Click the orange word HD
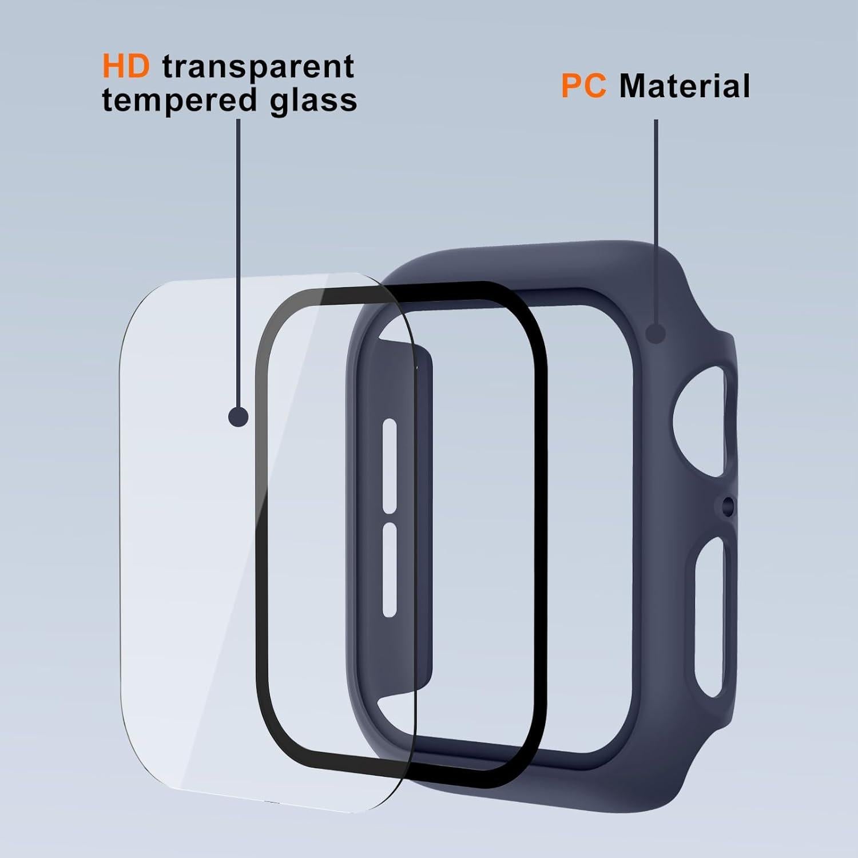pos(126,66)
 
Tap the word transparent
pos(258,67)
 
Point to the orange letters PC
pos(583,86)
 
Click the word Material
pos(684,86)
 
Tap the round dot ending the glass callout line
pos(238,416)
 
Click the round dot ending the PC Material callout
pos(656,333)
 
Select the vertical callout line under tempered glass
pos(238,257)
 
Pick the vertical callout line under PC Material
pos(656,217)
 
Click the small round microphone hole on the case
pos(728,504)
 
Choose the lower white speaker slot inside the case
pos(390,569)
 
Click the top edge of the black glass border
pos(400,293)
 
